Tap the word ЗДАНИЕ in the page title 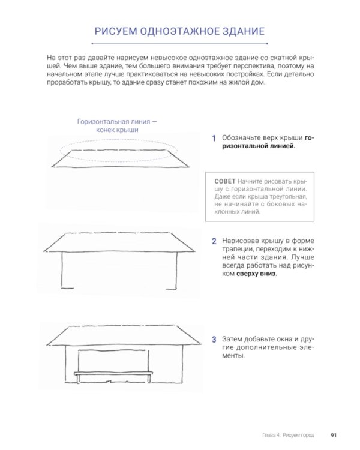coord(239,31)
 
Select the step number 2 coord(213,242)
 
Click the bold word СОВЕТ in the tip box coord(224,181)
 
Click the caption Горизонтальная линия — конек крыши coord(117,125)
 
